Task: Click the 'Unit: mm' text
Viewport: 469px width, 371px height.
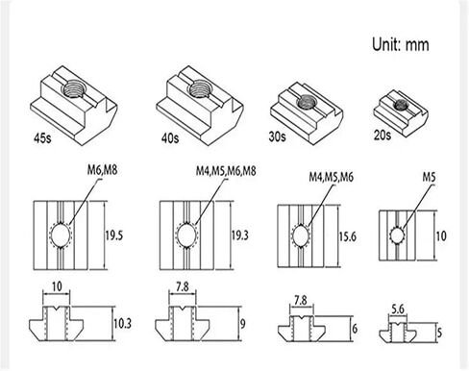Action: click(400, 44)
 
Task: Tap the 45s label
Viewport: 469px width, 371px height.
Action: click(42, 138)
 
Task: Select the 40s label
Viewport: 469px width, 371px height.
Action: click(170, 138)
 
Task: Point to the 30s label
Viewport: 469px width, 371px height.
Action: click(277, 136)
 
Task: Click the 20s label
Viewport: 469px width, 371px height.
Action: click(383, 135)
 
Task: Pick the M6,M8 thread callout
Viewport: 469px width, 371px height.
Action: click(103, 170)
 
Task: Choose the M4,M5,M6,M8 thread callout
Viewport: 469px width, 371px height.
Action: click(226, 171)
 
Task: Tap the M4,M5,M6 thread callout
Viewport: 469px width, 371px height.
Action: click(332, 177)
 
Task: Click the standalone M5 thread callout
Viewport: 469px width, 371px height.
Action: click(429, 177)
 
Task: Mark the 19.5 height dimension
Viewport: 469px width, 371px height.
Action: click(114, 235)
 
